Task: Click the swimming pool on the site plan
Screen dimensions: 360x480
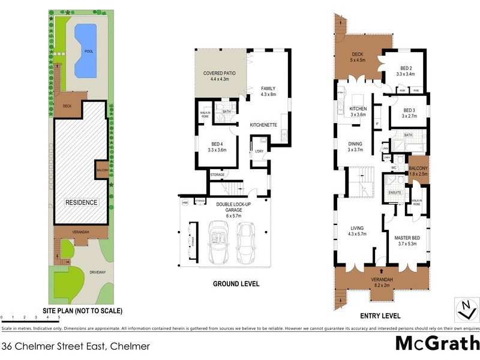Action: coord(85,50)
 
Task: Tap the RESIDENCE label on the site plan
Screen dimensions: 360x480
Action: coord(81,202)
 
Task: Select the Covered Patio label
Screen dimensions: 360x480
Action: coord(220,76)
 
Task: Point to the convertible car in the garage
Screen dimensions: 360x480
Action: coord(218,243)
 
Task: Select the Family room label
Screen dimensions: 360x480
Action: coord(268,92)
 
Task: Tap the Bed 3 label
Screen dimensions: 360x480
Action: coord(409,113)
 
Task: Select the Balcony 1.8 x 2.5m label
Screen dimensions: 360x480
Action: coord(418,171)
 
